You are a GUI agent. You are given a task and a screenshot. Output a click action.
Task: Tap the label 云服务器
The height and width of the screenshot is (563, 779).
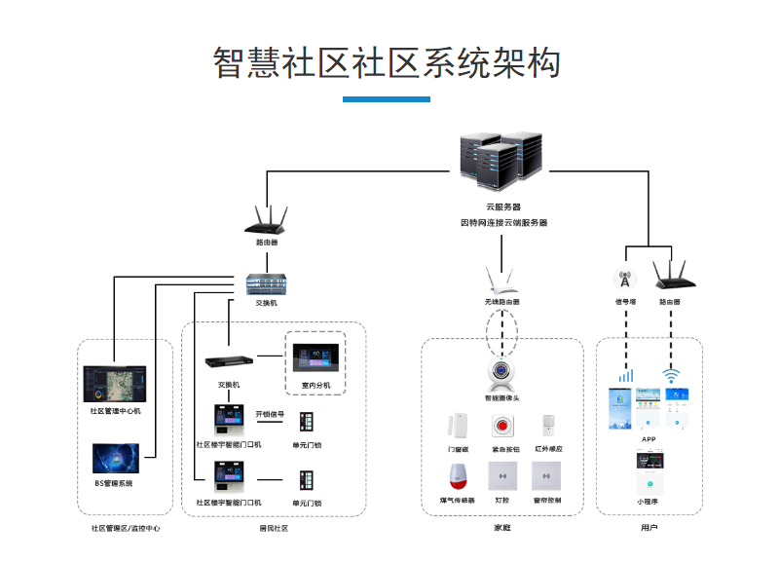click(x=503, y=207)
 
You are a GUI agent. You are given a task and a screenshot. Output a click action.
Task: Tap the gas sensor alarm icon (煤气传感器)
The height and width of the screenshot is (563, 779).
click(x=455, y=476)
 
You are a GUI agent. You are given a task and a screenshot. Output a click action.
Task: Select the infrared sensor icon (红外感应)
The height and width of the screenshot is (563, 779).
click(x=548, y=426)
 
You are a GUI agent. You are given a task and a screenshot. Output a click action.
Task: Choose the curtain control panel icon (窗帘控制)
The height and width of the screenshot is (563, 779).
click(x=546, y=476)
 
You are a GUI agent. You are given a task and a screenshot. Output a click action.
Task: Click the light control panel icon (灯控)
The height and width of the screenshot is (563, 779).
click(x=502, y=476)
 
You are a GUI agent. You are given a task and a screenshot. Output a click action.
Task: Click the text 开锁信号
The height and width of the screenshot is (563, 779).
click(x=270, y=415)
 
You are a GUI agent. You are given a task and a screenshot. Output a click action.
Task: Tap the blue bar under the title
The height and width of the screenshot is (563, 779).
click(x=387, y=99)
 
